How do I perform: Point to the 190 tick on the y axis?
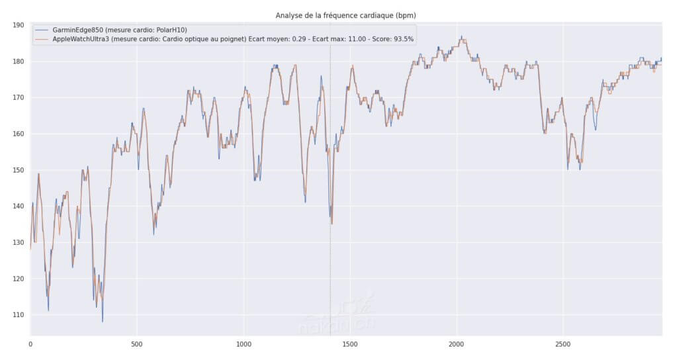click(18, 25)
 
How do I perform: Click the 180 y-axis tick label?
click(18, 62)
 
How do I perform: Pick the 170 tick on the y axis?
click(18, 97)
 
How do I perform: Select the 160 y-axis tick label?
click(18, 134)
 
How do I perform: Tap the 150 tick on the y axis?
click(18, 170)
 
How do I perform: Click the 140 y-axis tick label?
click(18, 206)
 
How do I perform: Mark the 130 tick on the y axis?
click(18, 242)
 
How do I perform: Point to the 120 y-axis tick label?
click(18, 279)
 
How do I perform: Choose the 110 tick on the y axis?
click(18, 315)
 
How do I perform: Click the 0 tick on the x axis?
click(30, 345)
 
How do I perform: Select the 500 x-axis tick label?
click(136, 345)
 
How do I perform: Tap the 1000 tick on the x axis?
click(244, 345)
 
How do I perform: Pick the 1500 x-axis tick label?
click(350, 345)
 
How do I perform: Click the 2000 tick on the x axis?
click(457, 345)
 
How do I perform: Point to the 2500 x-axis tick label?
click(563, 345)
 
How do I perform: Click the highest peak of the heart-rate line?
click(461, 37)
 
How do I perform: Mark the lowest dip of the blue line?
click(103, 322)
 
